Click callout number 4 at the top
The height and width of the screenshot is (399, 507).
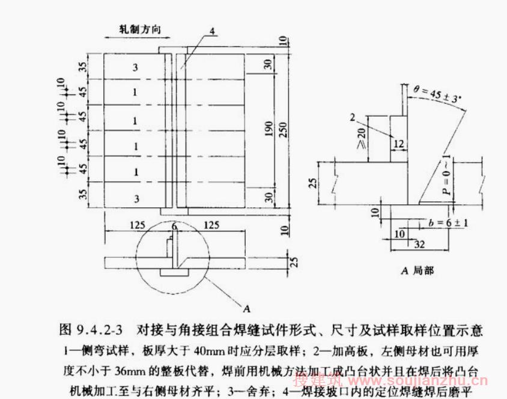(213, 31)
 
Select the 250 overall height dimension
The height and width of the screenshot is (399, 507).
(285, 130)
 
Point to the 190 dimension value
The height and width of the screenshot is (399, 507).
(269, 130)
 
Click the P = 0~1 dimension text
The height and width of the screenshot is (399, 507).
(445, 174)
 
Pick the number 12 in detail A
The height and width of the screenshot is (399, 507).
(398, 143)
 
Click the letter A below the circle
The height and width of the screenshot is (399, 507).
(246, 308)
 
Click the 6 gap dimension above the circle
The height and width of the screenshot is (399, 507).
(174, 226)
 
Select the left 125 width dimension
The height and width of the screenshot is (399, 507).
(138, 225)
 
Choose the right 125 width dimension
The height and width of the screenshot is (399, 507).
(211, 225)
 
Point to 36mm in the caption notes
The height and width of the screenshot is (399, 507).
(156, 367)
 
